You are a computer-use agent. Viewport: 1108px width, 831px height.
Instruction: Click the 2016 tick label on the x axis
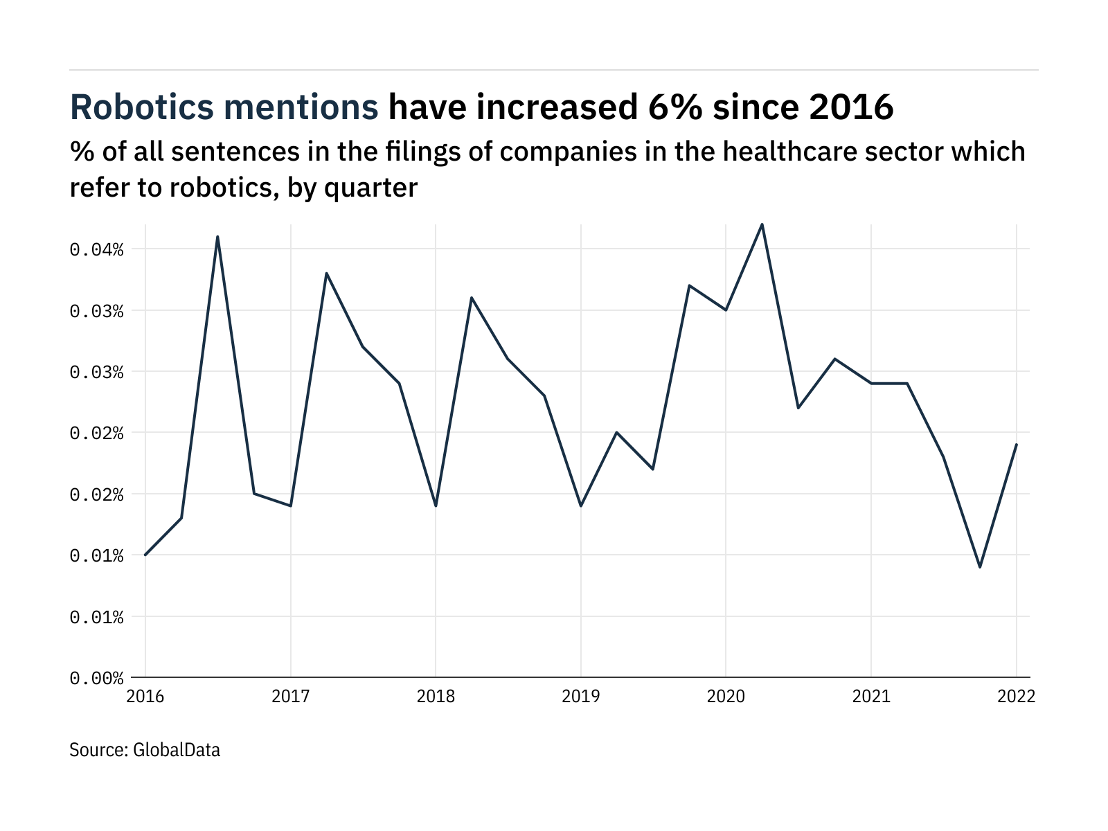[145, 696]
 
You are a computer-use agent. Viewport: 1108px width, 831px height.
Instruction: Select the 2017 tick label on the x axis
[290, 696]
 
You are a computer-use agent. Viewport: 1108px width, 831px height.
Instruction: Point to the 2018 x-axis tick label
[436, 696]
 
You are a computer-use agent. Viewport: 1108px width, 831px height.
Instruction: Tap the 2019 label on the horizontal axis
[580, 696]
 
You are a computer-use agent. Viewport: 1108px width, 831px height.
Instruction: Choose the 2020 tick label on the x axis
[726, 696]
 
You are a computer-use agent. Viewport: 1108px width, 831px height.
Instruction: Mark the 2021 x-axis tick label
[870, 696]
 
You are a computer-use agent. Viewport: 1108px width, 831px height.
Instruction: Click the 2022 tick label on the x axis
[1016, 696]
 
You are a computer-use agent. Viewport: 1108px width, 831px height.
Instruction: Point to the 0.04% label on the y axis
[96, 249]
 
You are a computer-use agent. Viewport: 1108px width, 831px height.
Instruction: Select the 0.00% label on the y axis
[96, 678]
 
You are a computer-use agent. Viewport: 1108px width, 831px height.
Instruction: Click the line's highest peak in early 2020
[762, 224]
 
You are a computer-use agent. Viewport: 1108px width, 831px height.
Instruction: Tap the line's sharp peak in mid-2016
[217, 237]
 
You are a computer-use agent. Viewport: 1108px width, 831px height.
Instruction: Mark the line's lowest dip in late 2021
[980, 567]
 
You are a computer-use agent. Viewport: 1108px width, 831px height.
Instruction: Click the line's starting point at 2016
[145, 555]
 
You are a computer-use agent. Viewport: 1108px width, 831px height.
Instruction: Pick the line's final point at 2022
[1016, 445]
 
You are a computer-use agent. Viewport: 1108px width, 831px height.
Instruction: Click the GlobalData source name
[177, 749]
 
